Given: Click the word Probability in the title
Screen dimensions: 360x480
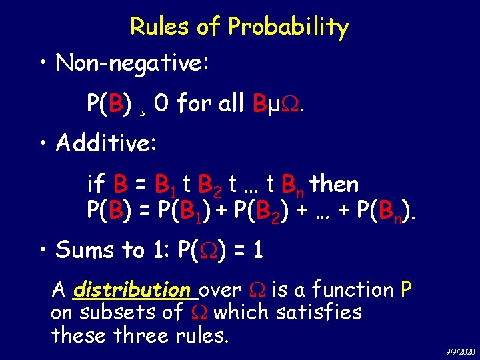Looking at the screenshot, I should pyautogui.click(x=288, y=27).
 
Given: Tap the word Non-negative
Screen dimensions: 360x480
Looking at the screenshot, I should pyautogui.click(x=133, y=63).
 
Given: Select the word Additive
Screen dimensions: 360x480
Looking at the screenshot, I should pyautogui.click(x=107, y=142).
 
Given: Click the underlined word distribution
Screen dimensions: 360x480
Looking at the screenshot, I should pyautogui.click(x=132, y=290).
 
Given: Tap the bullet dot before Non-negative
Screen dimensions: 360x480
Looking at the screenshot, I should pyautogui.click(x=42, y=65).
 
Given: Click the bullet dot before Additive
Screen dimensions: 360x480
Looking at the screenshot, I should pyautogui.click(x=42, y=143).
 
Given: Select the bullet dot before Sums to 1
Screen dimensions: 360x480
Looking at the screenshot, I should pyautogui.click(x=42, y=251).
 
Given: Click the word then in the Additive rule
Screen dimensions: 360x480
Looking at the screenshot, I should pyautogui.click(x=335, y=184).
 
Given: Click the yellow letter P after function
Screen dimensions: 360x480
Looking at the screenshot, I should pyautogui.click(x=406, y=290).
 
